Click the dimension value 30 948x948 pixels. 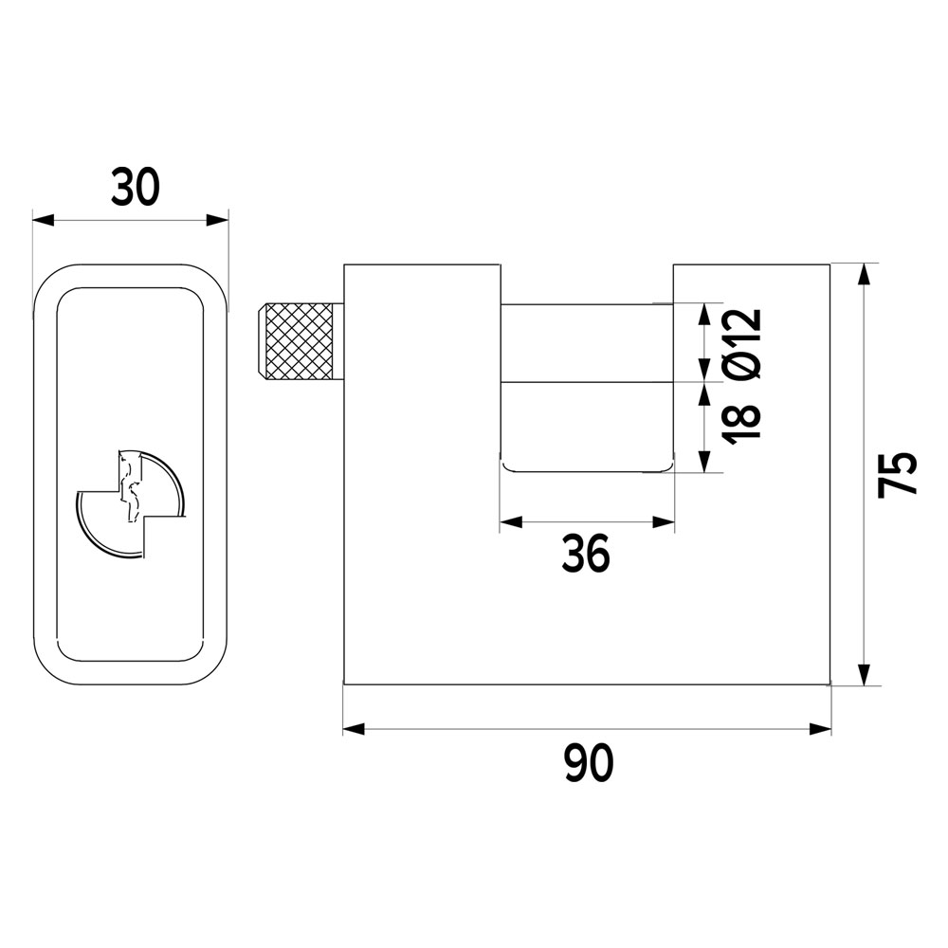pyautogui.click(x=136, y=187)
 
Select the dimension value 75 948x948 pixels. pyautogui.click(x=898, y=475)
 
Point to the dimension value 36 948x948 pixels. pyautogui.click(x=586, y=555)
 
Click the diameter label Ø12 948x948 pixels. pyautogui.click(x=741, y=345)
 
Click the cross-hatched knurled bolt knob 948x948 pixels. pyautogui.click(x=299, y=342)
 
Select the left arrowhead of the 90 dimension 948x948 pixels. pyautogui.click(x=355, y=729)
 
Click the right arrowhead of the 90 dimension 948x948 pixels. pyautogui.click(x=820, y=729)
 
